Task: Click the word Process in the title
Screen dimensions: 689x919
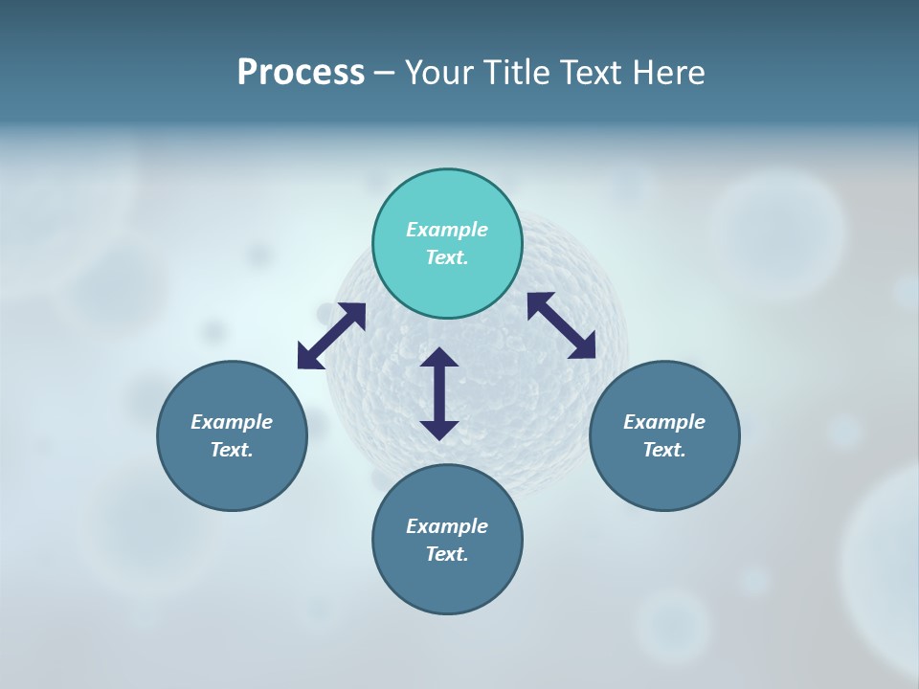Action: [x=301, y=73]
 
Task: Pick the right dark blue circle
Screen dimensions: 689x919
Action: [x=664, y=478]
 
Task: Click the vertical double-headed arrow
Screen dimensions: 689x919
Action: [x=439, y=393]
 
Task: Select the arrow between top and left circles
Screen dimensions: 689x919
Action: [x=331, y=336]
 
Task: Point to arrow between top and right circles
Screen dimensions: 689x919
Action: [x=562, y=325]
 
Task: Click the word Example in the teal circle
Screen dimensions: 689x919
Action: [x=447, y=230]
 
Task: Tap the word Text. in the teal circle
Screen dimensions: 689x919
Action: [x=447, y=257]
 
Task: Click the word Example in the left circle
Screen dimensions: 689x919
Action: [x=232, y=422]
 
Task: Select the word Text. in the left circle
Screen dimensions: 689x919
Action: [x=232, y=450]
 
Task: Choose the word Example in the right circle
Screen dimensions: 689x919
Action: [x=664, y=422]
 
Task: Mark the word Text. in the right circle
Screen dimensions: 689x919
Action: [x=664, y=450]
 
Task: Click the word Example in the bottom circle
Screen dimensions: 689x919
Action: [x=447, y=526]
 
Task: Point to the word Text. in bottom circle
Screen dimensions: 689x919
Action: [x=447, y=554]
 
